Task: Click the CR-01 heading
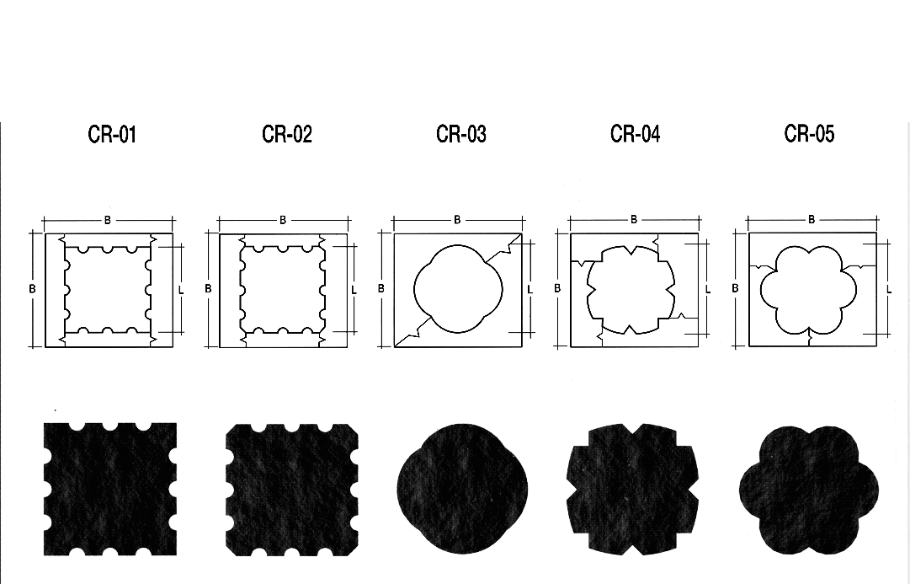click(x=112, y=134)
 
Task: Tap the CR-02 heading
click(x=287, y=134)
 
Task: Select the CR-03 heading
click(x=460, y=134)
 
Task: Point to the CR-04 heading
click(x=635, y=134)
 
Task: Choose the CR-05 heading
click(x=809, y=134)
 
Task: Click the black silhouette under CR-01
click(x=110, y=490)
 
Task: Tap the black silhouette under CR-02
click(x=292, y=490)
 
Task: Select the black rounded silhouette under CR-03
click(x=462, y=489)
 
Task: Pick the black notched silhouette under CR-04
click(x=632, y=489)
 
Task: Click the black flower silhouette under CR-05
click(x=809, y=490)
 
